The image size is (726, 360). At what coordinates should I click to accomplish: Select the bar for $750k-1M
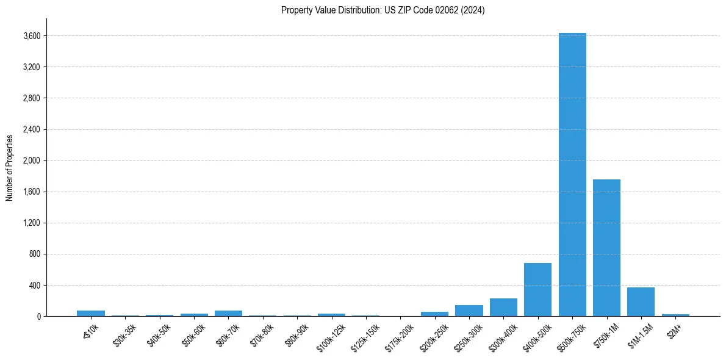click(606, 248)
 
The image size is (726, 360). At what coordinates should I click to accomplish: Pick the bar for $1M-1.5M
click(641, 301)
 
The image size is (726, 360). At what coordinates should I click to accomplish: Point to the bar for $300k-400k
click(503, 307)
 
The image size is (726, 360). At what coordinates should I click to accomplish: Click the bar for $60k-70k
click(228, 313)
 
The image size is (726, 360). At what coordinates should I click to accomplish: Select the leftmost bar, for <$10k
click(91, 313)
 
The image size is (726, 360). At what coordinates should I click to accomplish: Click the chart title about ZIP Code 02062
click(383, 10)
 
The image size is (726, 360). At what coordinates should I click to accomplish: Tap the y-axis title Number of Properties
click(10, 168)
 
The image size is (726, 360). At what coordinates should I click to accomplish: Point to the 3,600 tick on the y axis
click(32, 36)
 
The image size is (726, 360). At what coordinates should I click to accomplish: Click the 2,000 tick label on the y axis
click(32, 160)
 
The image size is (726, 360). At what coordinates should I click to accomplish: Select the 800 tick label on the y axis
click(34, 254)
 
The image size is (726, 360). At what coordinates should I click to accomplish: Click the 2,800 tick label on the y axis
click(32, 98)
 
